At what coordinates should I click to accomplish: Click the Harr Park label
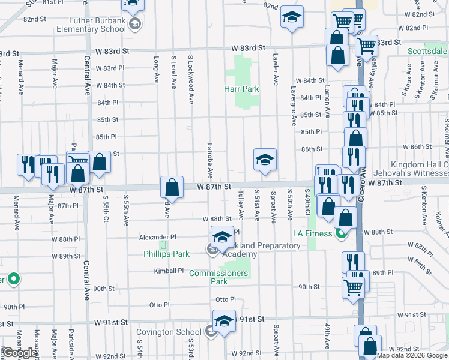point(241,89)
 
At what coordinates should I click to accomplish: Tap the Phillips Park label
point(167,254)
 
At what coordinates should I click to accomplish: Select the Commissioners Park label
point(218,277)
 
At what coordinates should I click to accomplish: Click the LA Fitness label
point(312,233)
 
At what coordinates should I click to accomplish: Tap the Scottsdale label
point(427,51)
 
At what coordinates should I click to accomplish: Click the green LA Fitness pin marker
point(342,233)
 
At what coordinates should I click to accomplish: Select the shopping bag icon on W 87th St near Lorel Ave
point(172,187)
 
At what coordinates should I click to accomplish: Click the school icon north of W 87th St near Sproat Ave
point(265,160)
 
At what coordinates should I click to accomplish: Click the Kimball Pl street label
point(169,271)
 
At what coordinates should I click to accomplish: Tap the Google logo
point(20,353)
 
